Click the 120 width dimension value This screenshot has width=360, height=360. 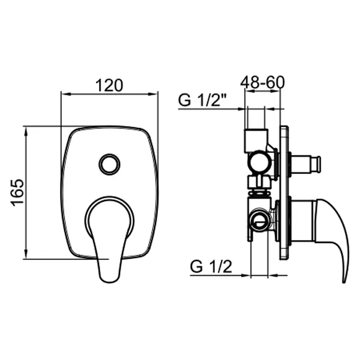click(109, 85)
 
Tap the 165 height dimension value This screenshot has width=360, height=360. click(17, 192)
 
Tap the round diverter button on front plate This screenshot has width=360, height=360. click(109, 163)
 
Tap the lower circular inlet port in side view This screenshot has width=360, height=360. click(259, 220)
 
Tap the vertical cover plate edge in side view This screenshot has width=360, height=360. click(284, 192)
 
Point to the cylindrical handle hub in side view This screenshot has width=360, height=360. click(303, 221)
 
